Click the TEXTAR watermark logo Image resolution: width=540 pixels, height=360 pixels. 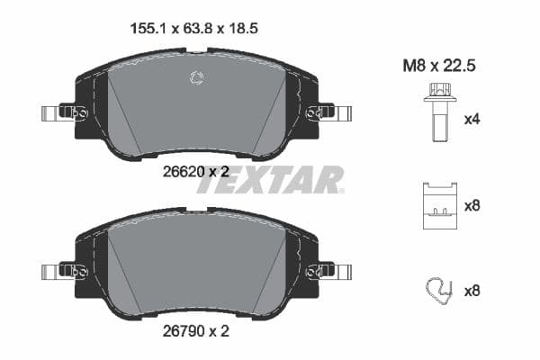(270, 180)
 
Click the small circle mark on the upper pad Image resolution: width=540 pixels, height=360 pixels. (197, 78)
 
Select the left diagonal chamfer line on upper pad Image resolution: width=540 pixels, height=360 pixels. (124, 112)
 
